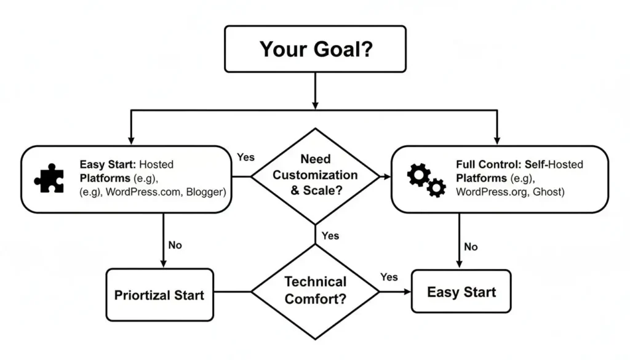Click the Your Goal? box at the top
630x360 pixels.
(315, 49)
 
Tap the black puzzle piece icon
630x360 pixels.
(49, 178)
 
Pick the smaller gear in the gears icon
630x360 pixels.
(436, 187)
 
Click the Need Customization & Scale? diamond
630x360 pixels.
(315, 175)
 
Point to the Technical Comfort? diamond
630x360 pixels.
(315, 290)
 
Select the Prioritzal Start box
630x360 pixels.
(159, 294)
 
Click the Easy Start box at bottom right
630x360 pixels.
(461, 291)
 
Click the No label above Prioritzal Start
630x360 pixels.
(175, 245)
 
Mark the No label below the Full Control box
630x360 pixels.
(471, 246)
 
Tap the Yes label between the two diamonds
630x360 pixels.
(330, 236)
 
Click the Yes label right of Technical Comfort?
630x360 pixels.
(389, 277)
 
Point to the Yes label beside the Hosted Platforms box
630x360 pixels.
(245, 158)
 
